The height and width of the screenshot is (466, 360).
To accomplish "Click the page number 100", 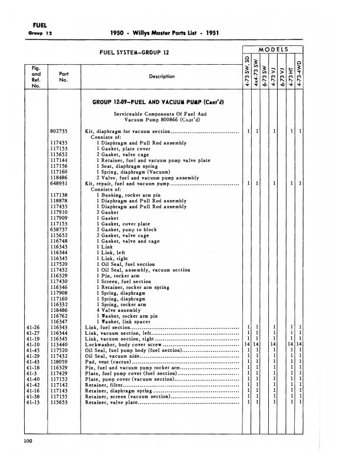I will tap(27, 440).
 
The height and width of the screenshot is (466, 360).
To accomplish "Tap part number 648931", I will tap(60, 183).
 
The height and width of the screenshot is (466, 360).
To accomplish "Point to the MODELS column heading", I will tap(273, 49).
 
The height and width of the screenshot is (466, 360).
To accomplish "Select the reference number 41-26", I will tap(33, 327).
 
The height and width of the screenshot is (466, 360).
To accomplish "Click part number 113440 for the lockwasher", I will tap(60, 344).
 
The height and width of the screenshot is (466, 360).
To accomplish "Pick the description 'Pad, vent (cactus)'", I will tap(114, 362).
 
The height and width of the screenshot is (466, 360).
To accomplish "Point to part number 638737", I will tap(60, 229).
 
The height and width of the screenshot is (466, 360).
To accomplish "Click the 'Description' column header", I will tap(162, 76).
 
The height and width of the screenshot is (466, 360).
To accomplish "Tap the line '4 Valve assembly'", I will tap(120, 310).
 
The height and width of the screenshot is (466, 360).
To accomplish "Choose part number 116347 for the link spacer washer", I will tap(60, 321).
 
